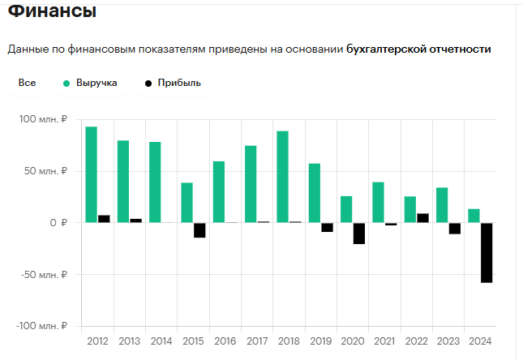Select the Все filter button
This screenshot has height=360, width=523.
point(27,83)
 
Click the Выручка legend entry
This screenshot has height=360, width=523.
point(90,83)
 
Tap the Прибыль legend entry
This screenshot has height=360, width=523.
point(173,83)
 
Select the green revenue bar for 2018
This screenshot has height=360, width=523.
point(282,177)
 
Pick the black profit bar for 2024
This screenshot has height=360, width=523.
point(487,252)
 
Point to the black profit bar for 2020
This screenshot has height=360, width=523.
point(359,233)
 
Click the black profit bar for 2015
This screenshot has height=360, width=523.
point(199,230)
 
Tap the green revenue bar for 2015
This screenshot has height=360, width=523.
point(186,203)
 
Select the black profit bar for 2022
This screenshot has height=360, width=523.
point(422,218)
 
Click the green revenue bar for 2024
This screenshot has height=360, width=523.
point(474,216)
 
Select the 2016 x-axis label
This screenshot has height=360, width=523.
point(225,341)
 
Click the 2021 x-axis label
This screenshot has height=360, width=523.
point(384,341)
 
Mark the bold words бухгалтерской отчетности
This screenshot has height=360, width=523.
point(418,49)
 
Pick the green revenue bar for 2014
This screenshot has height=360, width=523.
point(155,182)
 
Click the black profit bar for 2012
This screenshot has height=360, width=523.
point(104,219)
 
